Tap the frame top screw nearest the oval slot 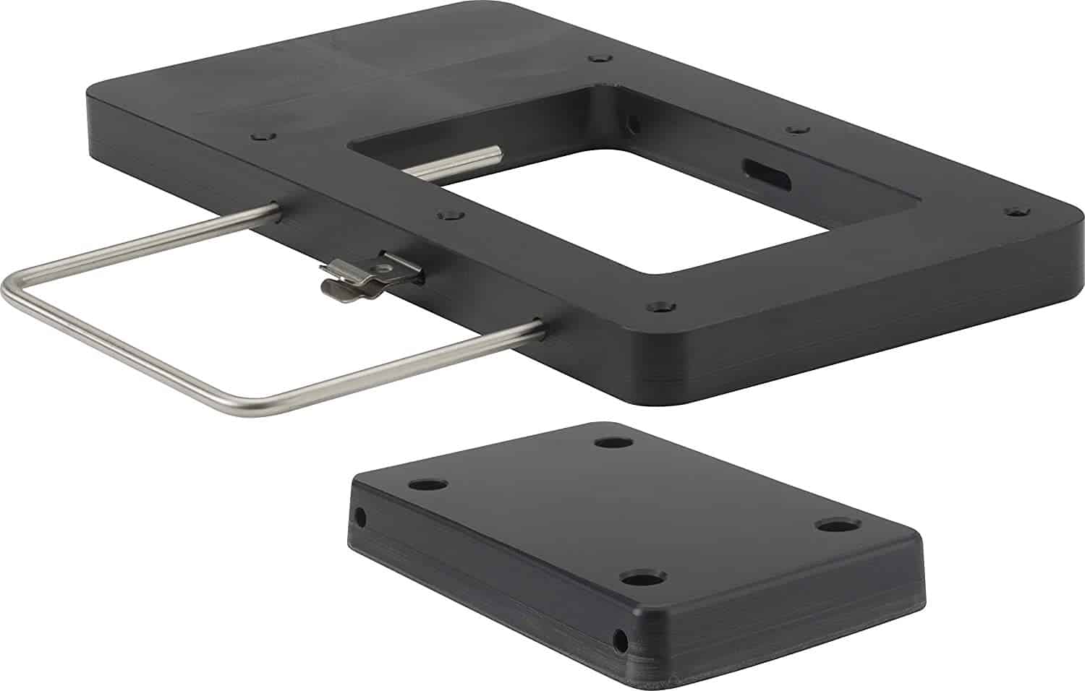click(x=796, y=130)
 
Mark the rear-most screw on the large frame click(x=597, y=57)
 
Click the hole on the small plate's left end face click(x=359, y=518)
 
